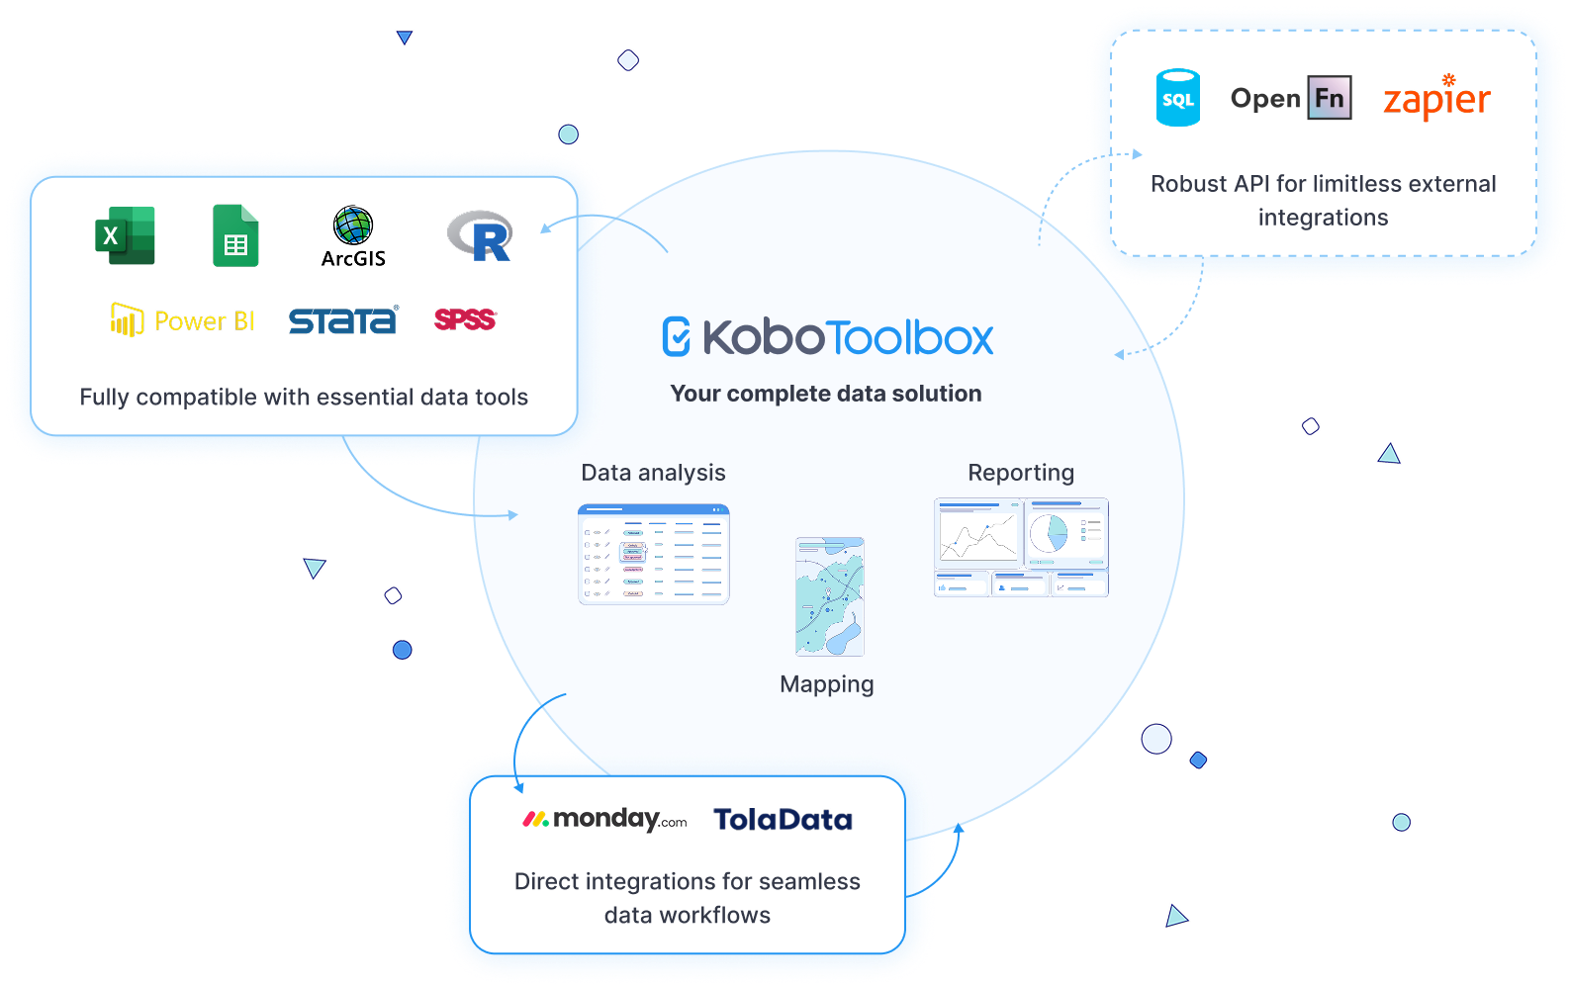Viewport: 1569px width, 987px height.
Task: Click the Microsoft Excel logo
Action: coord(125,235)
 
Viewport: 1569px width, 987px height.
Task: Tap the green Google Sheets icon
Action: coord(235,235)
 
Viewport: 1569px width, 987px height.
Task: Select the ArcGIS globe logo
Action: coord(353,226)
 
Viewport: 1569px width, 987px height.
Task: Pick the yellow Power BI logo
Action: coord(182,320)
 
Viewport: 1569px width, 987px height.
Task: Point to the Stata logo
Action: coord(342,320)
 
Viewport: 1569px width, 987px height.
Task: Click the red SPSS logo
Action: coord(465,319)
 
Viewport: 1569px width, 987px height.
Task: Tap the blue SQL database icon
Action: coord(1178,98)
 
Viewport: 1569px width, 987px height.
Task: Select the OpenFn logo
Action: coord(1290,98)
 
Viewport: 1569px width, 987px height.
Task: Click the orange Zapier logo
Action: coord(1436,99)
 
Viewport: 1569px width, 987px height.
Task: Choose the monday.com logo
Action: coord(604,819)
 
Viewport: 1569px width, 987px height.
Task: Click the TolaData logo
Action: coord(783,820)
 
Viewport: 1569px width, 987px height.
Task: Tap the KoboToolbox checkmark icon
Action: coord(677,336)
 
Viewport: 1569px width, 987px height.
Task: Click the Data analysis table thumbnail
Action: coord(654,554)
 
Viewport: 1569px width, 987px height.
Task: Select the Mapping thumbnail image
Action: coord(830,596)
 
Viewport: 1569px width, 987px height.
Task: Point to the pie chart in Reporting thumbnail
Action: coord(1049,534)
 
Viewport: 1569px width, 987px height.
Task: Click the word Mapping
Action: coord(827,684)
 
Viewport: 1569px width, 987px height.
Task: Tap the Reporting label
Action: coord(1021,473)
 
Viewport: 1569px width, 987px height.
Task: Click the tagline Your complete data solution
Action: coord(826,394)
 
